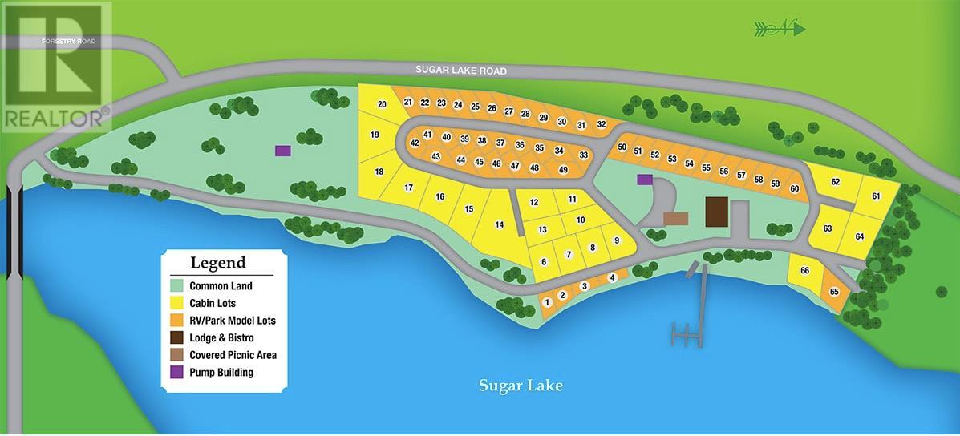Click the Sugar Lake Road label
point(460,71)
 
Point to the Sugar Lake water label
point(521,386)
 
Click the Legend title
point(217,263)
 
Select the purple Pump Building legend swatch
point(177,373)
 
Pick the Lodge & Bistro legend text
point(221,338)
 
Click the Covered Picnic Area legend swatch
point(177,355)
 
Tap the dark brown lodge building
point(715,212)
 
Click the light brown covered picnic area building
point(676,218)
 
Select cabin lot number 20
point(382,105)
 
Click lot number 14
point(499,225)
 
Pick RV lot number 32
point(601,124)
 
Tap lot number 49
point(563,170)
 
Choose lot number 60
point(794,189)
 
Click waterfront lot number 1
point(547,302)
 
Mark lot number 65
point(834,291)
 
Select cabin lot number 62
point(835,182)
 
